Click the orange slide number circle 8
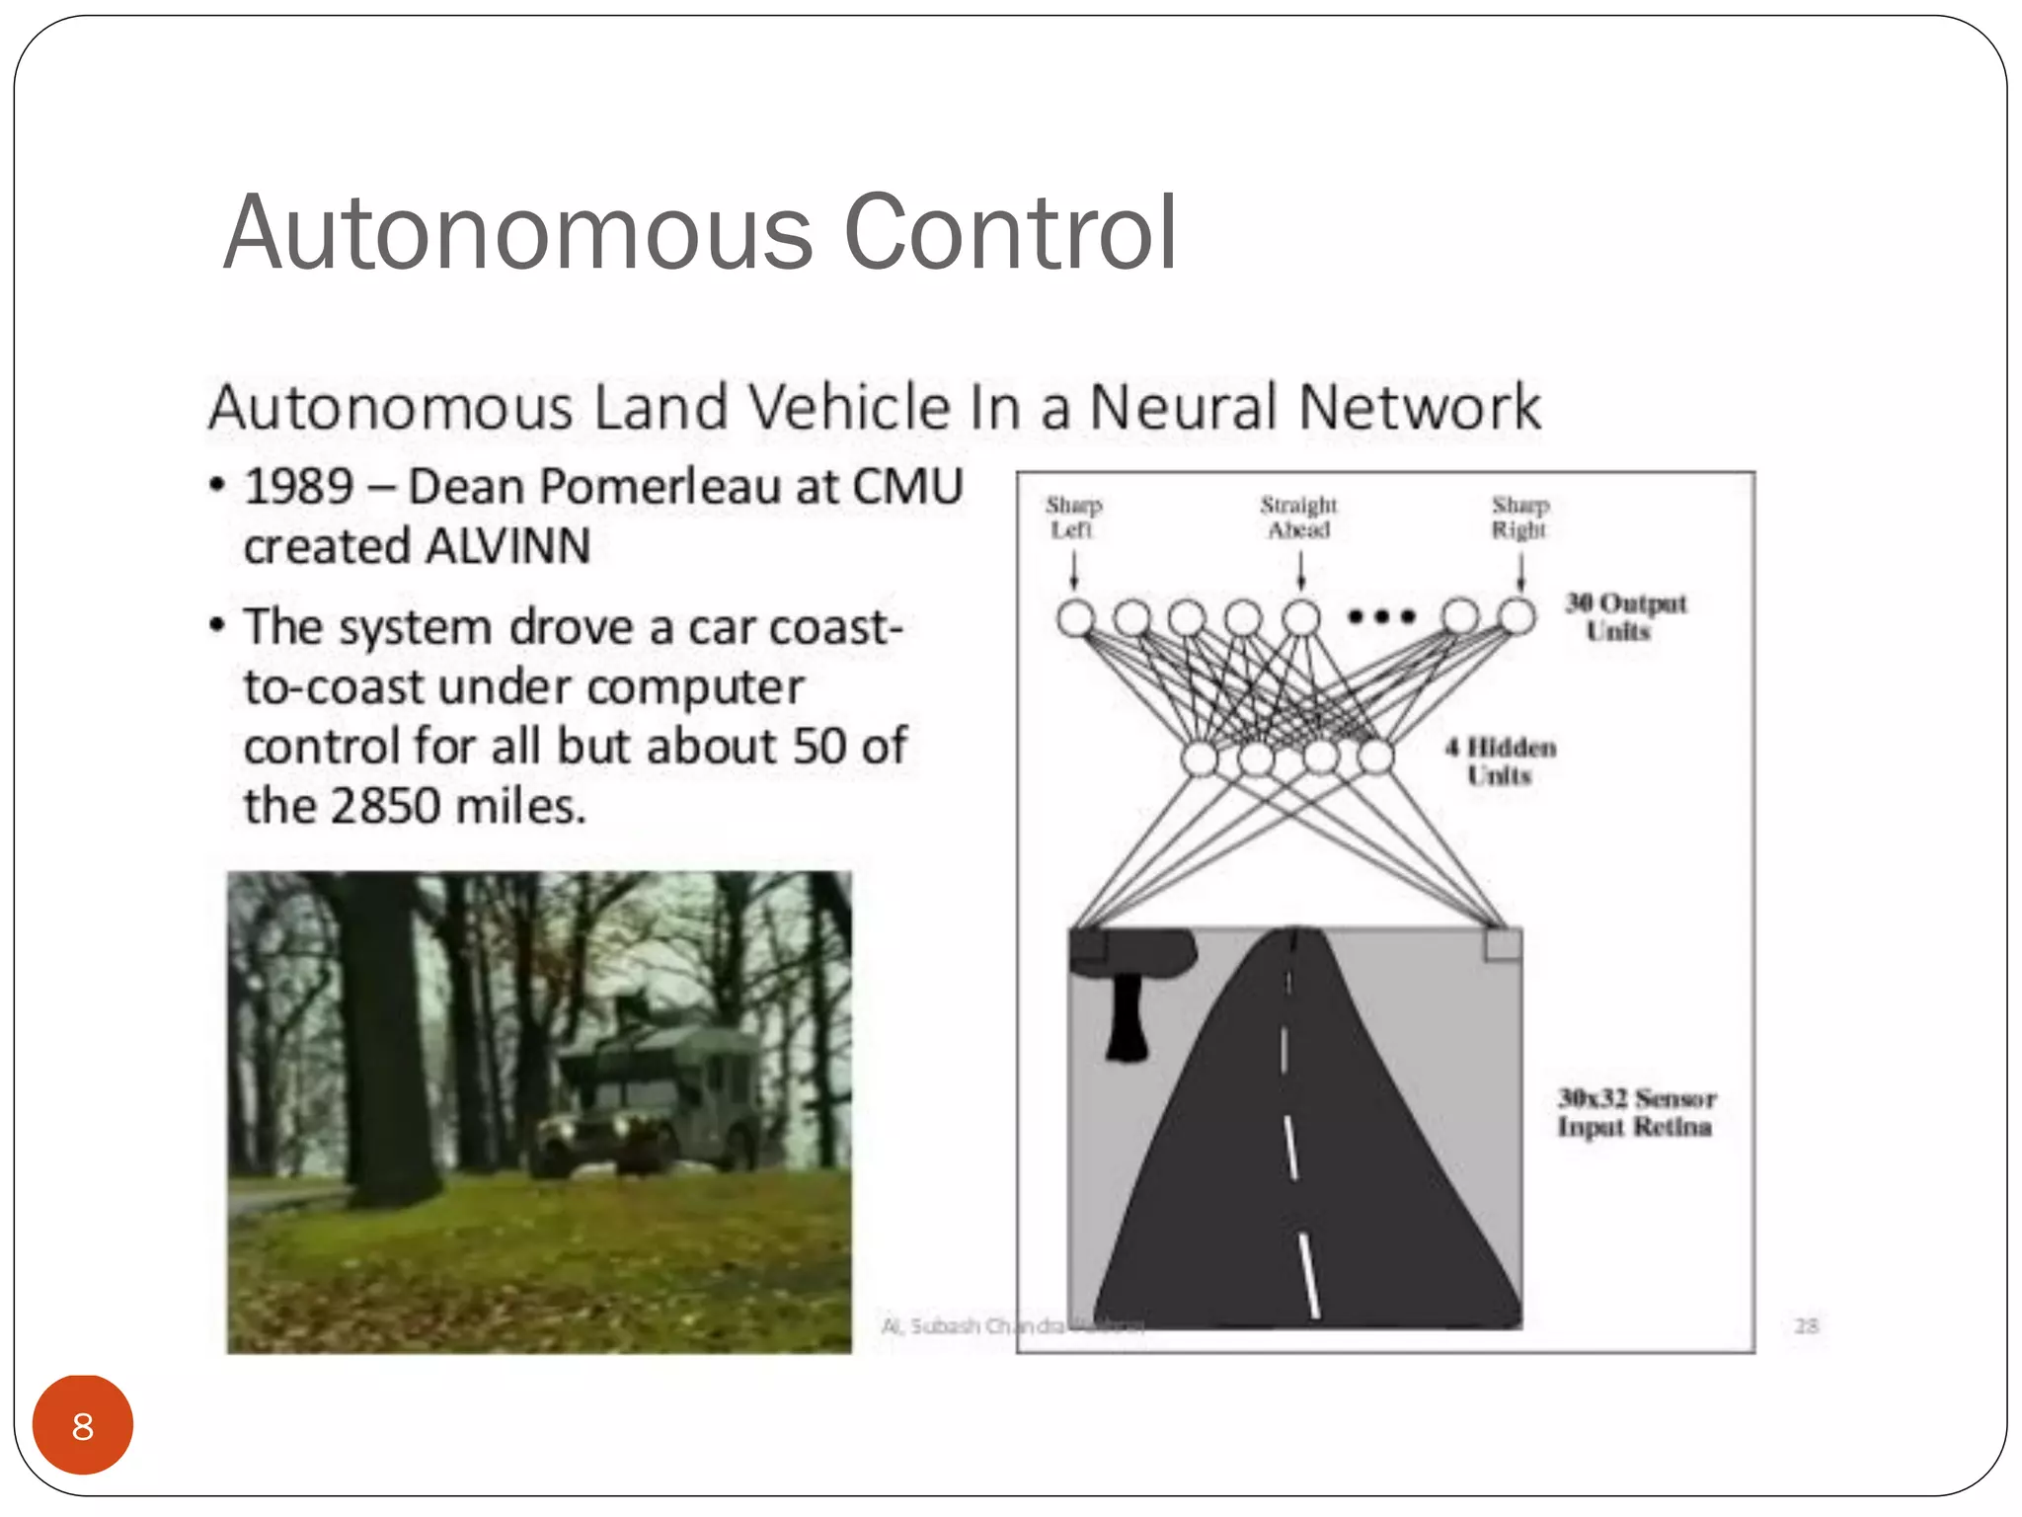[82, 1425]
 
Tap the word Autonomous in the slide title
[518, 233]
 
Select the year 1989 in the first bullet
[299, 487]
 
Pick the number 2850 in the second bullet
[385, 806]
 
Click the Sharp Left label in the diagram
[1073, 518]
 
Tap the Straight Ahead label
[1298, 518]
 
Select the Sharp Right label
[1519, 518]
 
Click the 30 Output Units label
[1625, 616]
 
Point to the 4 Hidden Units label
[1501, 760]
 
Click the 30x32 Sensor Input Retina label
[1636, 1112]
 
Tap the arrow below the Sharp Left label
[1074, 570]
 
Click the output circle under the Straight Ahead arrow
[1301, 618]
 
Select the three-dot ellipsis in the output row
[1382, 617]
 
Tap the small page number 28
[1806, 1325]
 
